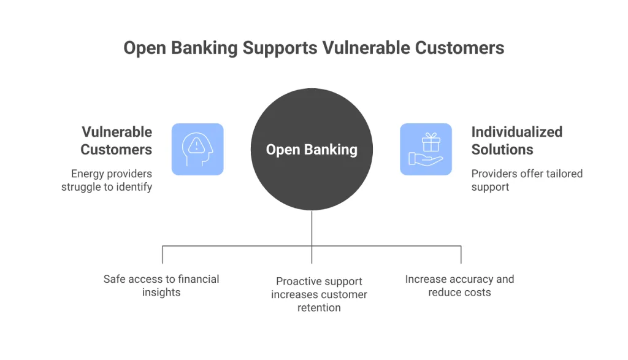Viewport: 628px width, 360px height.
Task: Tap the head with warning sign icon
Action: (197, 149)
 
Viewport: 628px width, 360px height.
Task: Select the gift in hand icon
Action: (426, 149)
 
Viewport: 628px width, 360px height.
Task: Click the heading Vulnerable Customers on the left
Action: (117, 140)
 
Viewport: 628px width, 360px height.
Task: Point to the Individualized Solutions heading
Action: (516, 140)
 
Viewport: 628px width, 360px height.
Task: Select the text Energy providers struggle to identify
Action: (107, 180)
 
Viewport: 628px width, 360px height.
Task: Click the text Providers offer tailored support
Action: (526, 180)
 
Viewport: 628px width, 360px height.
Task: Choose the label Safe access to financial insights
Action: (161, 286)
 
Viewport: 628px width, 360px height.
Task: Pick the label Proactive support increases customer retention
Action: (319, 294)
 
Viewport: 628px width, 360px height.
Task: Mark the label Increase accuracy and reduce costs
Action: (459, 286)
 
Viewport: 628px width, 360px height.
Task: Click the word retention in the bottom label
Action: (319, 308)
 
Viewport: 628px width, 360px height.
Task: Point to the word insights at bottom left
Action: (161, 293)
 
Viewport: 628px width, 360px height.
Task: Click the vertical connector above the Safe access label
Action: (163, 255)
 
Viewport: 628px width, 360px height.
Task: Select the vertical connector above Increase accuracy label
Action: (461, 255)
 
